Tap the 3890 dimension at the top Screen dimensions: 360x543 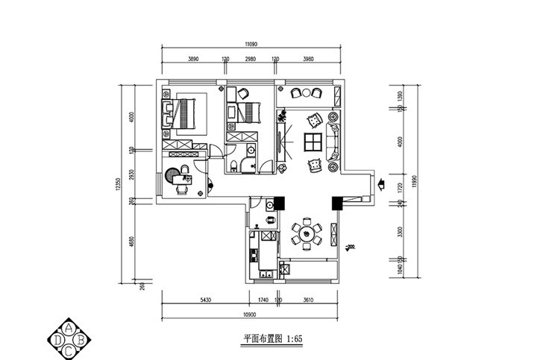tap(193, 58)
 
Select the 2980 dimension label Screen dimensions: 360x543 tap(250, 58)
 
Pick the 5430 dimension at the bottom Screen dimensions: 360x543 tap(206, 300)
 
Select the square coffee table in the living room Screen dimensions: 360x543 tap(312, 142)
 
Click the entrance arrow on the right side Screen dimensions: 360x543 tap(380, 182)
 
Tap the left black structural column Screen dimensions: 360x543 tap(280, 202)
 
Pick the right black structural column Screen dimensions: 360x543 tap(336, 202)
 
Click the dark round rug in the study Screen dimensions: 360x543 tap(173, 176)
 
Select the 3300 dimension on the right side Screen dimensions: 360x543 tap(401, 232)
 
